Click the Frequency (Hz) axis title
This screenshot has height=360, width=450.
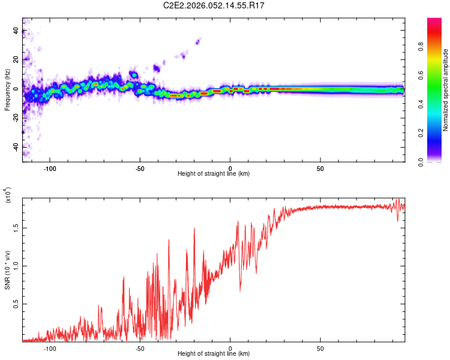(7, 90)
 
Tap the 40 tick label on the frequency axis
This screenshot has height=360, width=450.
(16, 31)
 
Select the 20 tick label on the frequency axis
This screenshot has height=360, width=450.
(16, 60)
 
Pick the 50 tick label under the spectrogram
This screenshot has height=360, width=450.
(320, 168)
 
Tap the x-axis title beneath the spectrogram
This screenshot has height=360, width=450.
(214, 174)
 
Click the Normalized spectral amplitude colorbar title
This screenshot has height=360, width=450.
(445, 90)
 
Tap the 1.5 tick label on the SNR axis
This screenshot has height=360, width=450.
(16, 227)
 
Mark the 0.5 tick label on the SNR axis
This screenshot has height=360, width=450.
(16, 304)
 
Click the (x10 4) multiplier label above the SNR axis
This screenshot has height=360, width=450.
(8, 195)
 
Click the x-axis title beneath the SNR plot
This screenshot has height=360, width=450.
(214, 354)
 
